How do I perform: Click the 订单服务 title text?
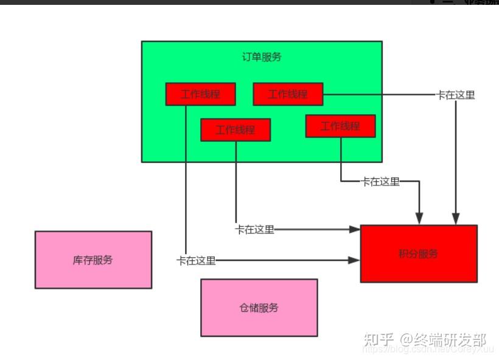[x=262, y=57]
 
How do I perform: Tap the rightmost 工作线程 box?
[x=340, y=126]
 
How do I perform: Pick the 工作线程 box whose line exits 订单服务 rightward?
[x=288, y=94]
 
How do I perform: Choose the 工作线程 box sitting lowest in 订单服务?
[x=236, y=130]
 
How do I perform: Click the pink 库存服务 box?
[x=93, y=260]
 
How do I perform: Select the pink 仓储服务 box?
[x=259, y=308]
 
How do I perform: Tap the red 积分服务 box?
[x=418, y=254]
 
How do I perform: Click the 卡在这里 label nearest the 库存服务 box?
[x=196, y=260]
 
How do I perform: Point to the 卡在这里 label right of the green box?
[x=455, y=95]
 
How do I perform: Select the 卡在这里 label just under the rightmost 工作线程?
[x=380, y=181]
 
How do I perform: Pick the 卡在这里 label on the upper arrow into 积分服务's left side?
[x=255, y=229]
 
